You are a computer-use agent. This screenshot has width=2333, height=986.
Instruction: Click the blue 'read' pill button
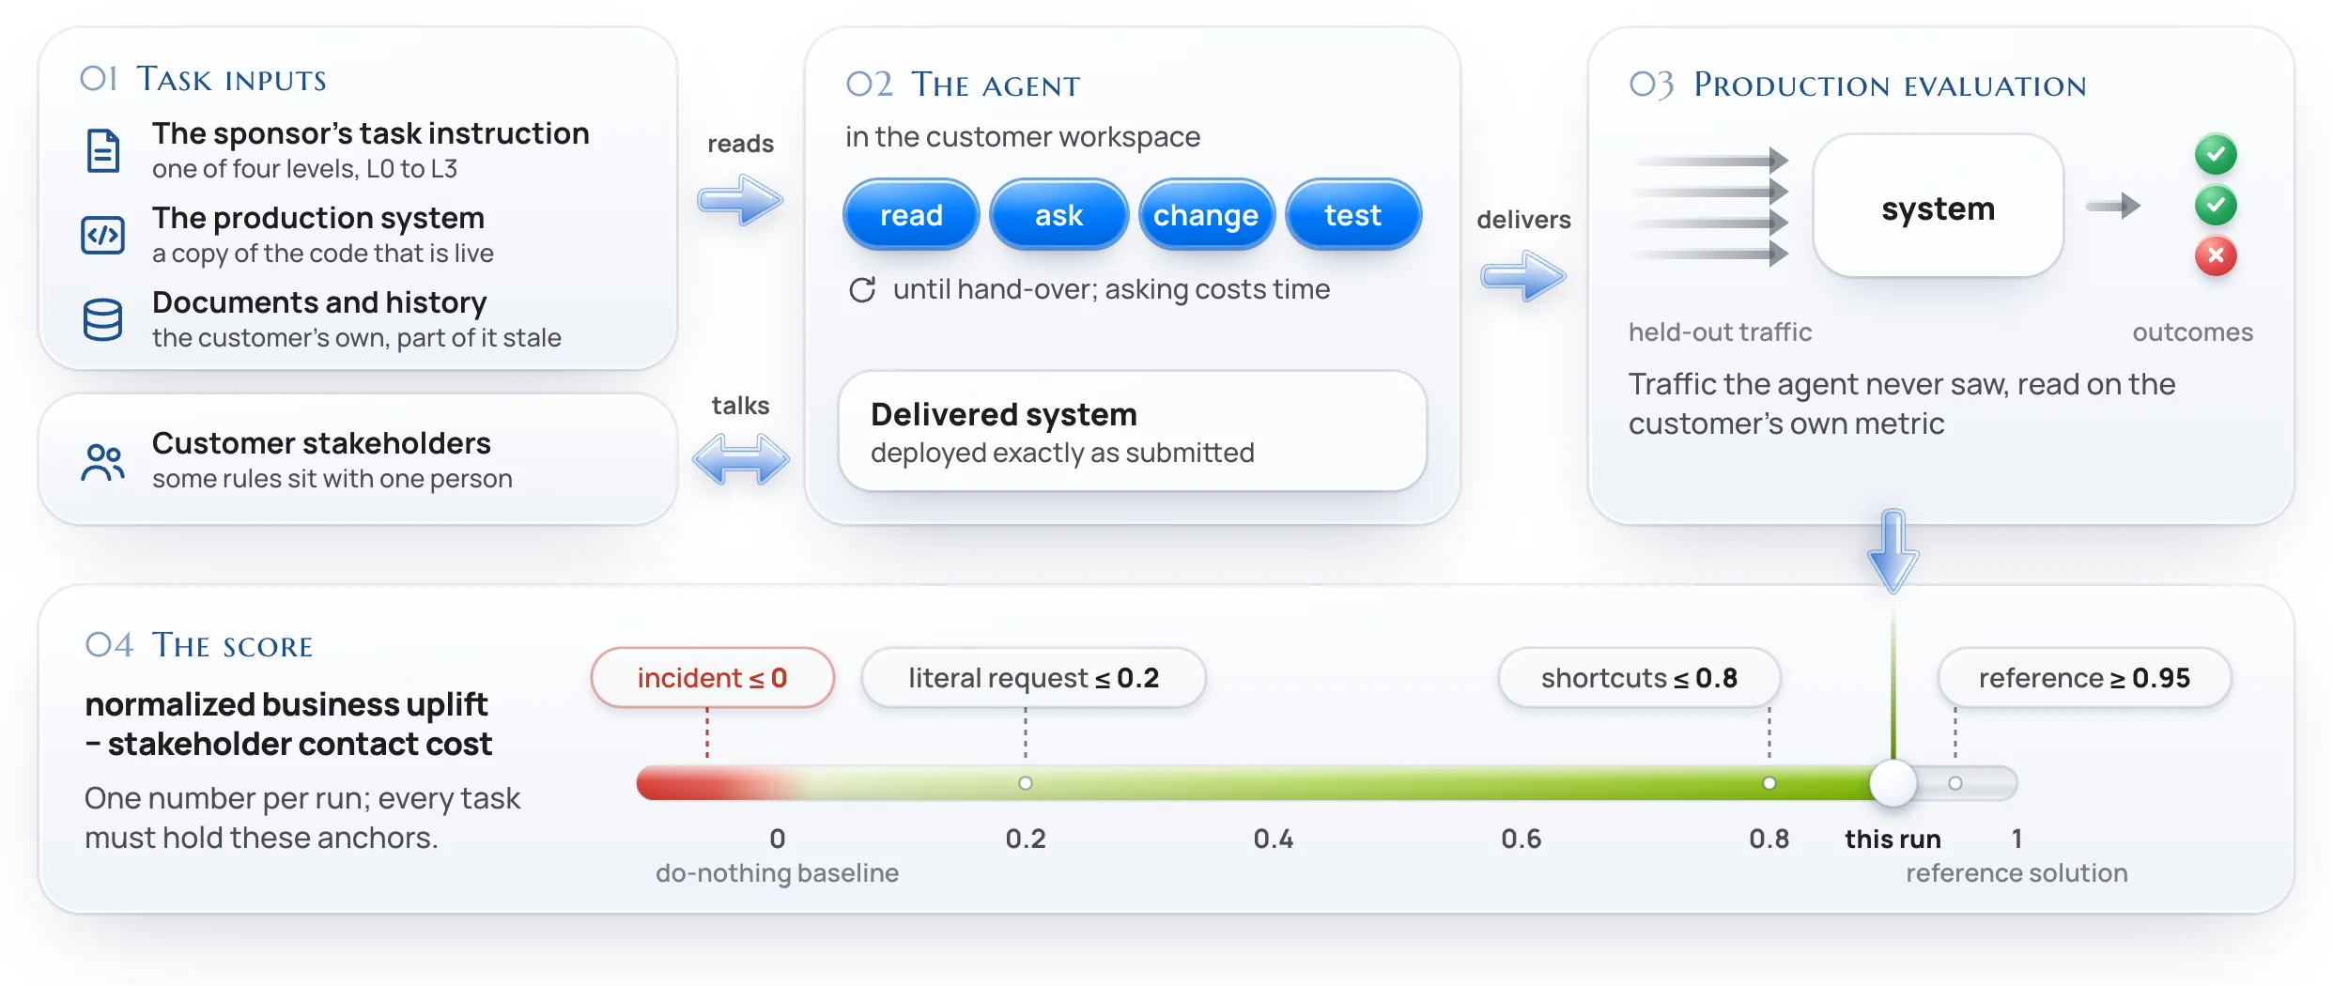tap(911, 215)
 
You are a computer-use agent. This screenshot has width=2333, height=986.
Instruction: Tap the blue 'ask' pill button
tap(1058, 215)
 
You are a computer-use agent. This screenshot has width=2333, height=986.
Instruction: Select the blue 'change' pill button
tap(1206, 215)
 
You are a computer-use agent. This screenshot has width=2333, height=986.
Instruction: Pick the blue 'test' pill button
tap(1353, 215)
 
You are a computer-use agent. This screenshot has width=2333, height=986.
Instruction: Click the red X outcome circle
tap(2216, 255)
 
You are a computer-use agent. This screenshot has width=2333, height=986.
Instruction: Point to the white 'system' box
tap(1938, 207)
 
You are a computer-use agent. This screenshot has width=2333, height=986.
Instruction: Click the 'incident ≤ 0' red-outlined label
tap(712, 677)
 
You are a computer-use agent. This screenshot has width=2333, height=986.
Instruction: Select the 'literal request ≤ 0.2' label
tap(1033, 677)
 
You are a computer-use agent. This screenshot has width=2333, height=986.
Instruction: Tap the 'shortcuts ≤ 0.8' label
tap(1639, 677)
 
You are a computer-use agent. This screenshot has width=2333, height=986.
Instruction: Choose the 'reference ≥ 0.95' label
tap(2084, 677)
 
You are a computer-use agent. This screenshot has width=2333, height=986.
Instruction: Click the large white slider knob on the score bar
tap(1893, 783)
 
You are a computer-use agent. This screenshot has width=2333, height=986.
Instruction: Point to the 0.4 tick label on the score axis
tap(1273, 839)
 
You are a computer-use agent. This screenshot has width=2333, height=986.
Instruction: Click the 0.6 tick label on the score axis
tap(1521, 839)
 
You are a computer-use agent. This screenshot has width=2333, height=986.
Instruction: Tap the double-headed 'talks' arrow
tap(741, 459)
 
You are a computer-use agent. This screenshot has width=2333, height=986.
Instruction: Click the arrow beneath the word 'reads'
tap(740, 199)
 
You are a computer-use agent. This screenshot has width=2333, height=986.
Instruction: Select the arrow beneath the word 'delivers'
tap(1523, 276)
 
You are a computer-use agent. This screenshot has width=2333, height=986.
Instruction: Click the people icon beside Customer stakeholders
tap(102, 462)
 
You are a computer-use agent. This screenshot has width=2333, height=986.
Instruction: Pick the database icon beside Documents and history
tap(102, 319)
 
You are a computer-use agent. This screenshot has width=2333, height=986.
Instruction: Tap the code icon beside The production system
tap(102, 235)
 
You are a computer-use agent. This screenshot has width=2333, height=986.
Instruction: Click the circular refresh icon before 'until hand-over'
tap(862, 289)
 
